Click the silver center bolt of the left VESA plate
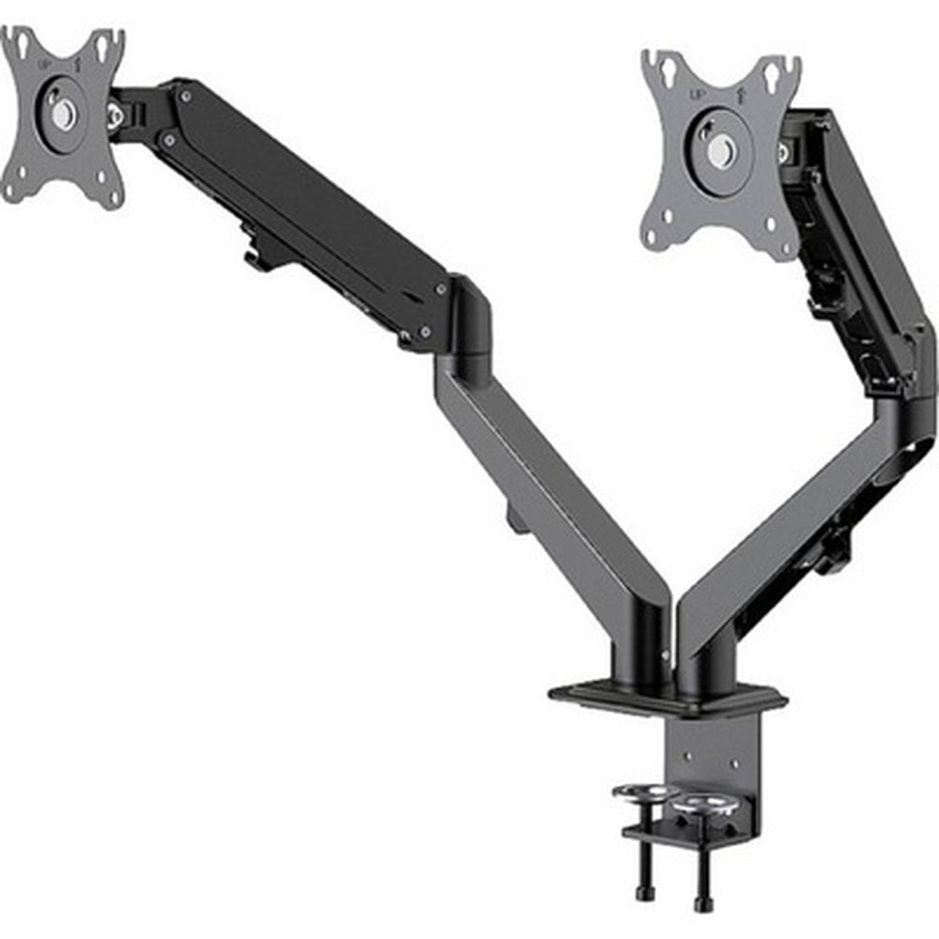click(62, 115)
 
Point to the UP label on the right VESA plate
click(698, 95)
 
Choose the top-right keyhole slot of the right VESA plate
click(774, 73)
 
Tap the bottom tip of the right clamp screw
click(703, 905)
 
